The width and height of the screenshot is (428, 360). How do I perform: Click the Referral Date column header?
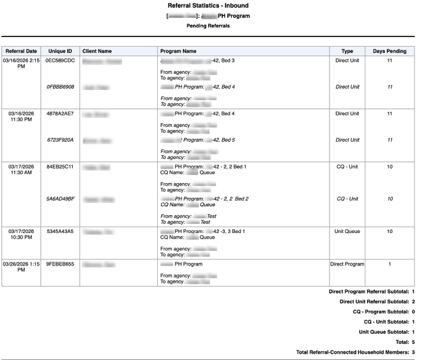pos(21,51)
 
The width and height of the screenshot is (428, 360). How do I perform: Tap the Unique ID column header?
pos(60,51)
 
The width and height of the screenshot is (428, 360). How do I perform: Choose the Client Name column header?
pos(97,51)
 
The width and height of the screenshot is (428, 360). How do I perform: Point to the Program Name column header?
pos(178,51)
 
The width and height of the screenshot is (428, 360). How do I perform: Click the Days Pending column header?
pos(390,51)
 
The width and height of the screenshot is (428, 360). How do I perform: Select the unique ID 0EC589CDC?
pos(60,61)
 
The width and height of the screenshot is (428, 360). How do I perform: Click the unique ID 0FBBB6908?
pos(60,87)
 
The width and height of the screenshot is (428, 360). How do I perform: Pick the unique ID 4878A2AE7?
pos(60,114)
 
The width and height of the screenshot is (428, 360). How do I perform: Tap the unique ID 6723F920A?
pos(60,140)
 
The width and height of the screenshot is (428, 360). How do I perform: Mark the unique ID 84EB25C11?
pos(60,167)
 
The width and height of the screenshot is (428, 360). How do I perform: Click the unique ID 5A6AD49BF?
pos(60,199)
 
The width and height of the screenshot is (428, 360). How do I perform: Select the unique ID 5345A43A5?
pos(60,231)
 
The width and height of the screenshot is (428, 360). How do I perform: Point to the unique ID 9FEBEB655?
pos(60,264)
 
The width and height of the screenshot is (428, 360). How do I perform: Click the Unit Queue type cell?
pos(347,231)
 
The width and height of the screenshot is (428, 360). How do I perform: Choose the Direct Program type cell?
pos(347,264)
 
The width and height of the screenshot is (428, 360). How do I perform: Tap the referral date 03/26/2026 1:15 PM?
pos(21,267)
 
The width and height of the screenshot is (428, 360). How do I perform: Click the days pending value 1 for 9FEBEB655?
pos(390,264)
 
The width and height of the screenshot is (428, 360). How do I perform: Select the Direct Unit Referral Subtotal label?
pos(374,302)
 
